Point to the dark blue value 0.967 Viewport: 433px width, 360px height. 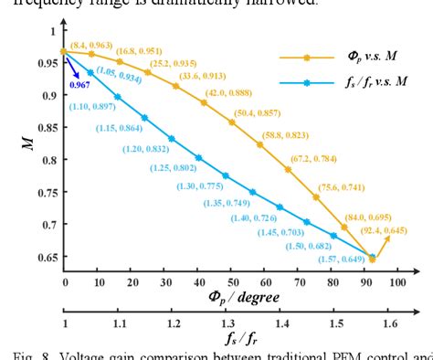point(80,85)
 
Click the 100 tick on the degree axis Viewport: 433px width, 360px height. point(396,283)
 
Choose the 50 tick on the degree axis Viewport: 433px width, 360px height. point(231,283)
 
